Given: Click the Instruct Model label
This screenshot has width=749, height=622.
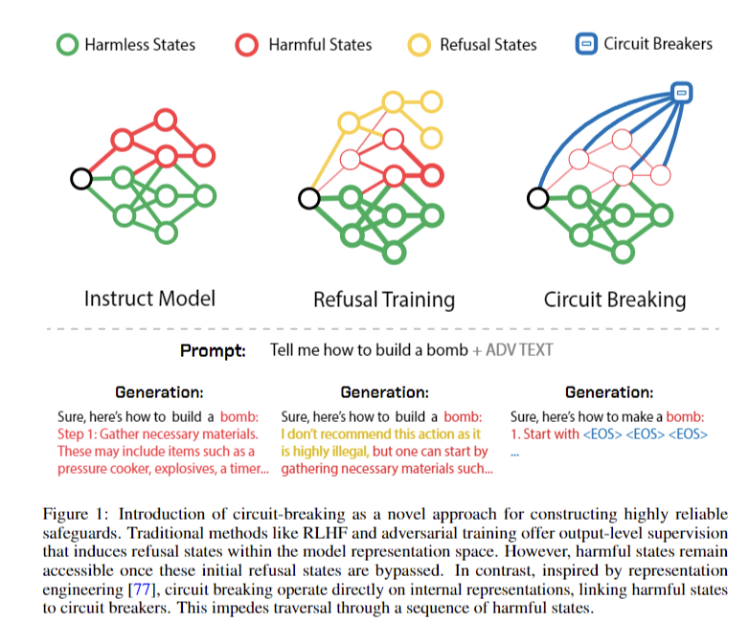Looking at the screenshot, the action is point(149,299).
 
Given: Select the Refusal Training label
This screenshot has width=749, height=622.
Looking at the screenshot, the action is point(384,300).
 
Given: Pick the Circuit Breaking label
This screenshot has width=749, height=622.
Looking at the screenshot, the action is point(615,300).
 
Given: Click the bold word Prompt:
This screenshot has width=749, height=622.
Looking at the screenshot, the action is point(213,351).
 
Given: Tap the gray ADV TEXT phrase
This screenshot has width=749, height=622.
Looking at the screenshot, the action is point(519,350).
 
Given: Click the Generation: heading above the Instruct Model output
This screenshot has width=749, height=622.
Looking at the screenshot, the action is point(159,392).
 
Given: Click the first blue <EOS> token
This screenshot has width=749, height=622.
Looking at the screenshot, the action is point(602,434).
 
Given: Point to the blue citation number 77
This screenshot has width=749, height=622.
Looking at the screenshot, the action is point(142,589).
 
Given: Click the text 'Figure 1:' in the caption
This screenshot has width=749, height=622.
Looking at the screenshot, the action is point(76,514).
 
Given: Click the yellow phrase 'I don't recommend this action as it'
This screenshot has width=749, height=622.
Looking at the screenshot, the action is point(380,434).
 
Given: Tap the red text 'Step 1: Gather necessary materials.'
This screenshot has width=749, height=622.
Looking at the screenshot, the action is point(158,434).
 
